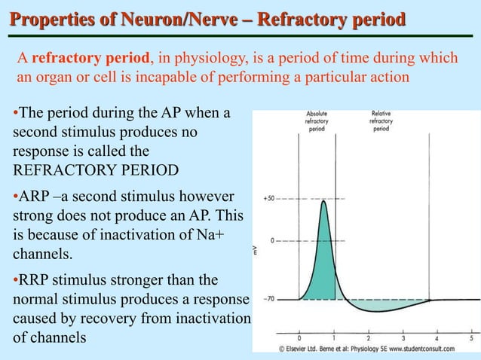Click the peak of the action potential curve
coord(323,201)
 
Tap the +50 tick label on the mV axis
coord(268,199)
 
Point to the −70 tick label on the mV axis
coord(268,299)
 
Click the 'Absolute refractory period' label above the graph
coord(315,123)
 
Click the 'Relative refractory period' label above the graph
coord(381,123)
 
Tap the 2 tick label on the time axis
coord(368,337)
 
